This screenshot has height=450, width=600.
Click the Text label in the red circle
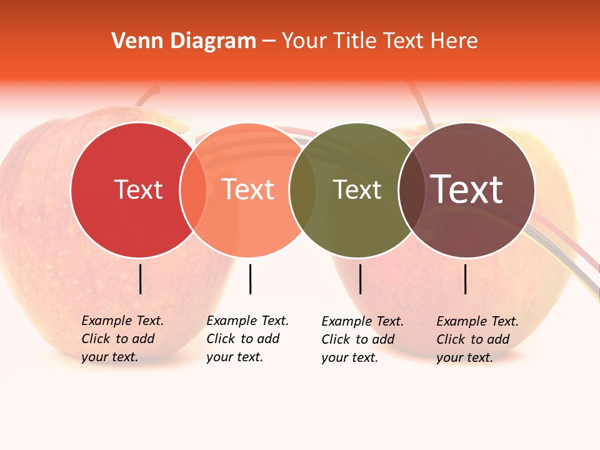tap(138, 189)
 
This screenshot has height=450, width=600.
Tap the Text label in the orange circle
tap(248, 189)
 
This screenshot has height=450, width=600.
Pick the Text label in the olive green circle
tap(357, 189)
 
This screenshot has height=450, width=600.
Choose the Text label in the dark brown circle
tap(467, 189)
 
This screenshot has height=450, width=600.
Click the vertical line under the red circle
tap(141, 279)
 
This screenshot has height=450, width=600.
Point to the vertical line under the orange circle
tap(250, 279)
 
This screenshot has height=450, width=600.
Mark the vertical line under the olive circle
tap(360, 279)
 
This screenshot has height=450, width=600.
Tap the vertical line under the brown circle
tap(466, 279)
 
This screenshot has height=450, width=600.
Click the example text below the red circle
tap(122, 339)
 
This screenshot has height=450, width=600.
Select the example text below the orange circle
tap(247, 339)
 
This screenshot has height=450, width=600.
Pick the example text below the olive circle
tap(362, 339)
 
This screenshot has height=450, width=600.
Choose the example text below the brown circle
tap(477, 339)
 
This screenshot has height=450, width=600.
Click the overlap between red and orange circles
tap(193, 189)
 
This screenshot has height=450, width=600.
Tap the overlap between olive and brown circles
tap(410, 189)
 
